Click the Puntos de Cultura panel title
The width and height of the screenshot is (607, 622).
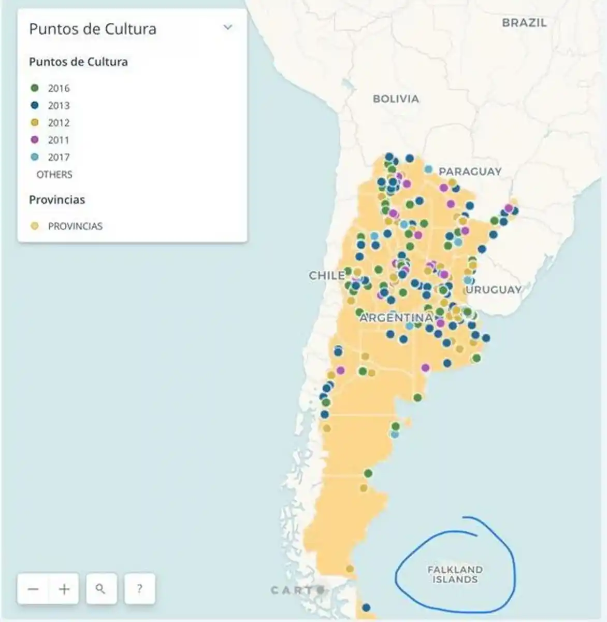(x=92, y=29)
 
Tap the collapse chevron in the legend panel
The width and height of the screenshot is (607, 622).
(x=227, y=27)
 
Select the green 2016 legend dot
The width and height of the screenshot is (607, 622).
(x=35, y=88)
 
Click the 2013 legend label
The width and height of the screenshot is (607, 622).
(x=59, y=106)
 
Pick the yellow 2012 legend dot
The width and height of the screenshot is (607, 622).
(x=35, y=123)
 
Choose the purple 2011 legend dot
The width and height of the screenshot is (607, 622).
(x=35, y=140)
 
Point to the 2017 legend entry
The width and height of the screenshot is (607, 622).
(x=59, y=157)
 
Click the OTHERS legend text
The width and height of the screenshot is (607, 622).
(x=54, y=175)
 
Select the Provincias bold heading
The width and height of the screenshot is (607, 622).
(x=57, y=200)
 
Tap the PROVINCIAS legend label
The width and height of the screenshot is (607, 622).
(x=75, y=226)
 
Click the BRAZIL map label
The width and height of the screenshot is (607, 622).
(x=524, y=23)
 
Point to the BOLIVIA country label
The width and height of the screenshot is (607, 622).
(x=396, y=99)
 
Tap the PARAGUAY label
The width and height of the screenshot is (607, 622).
(x=470, y=172)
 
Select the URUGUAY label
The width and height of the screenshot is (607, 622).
(x=494, y=290)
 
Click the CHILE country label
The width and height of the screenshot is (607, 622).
(x=327, y=276)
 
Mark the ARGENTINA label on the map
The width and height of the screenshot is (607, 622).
(x=396, y=318)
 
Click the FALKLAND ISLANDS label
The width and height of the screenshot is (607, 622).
(x=455, y=574)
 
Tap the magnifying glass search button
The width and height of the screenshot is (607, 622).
(x=101, y=589)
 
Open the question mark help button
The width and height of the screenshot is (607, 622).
(x=139, y=589)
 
